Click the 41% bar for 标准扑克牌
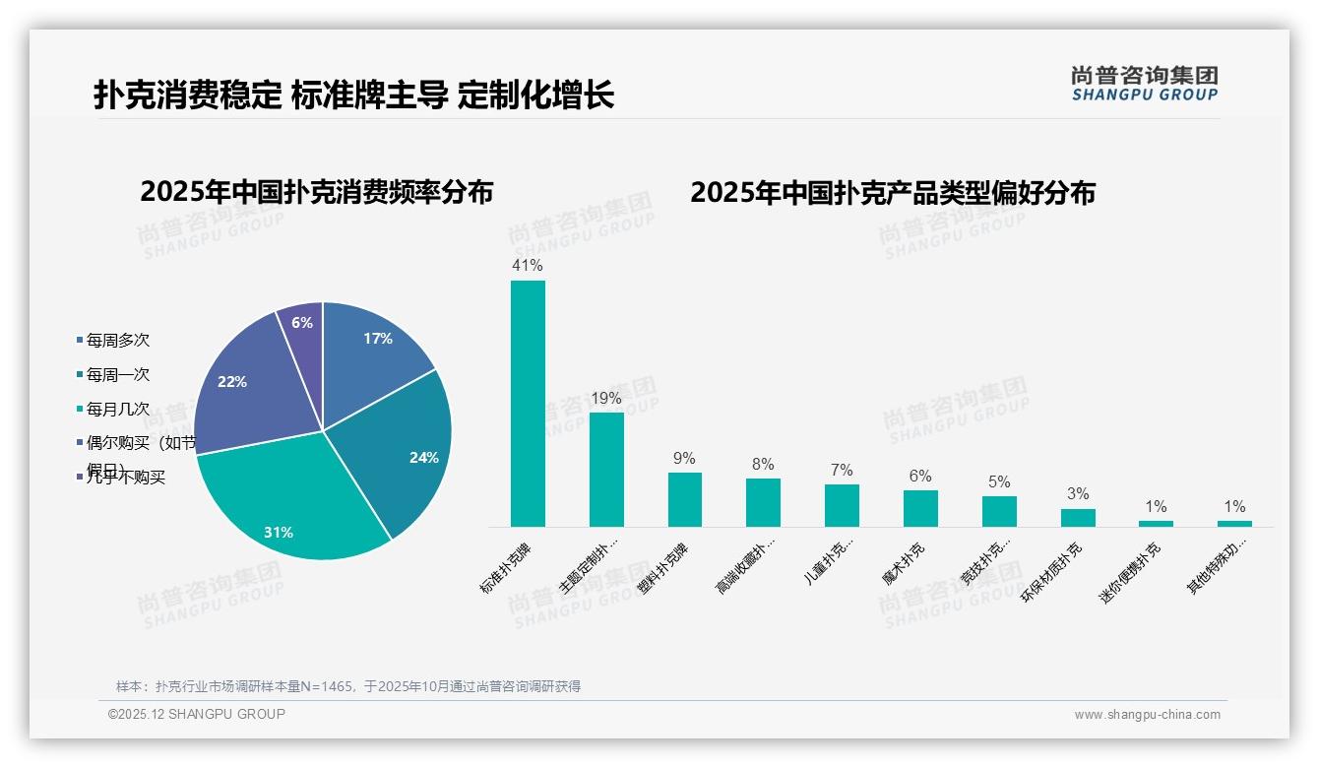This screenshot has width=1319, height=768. pos(528,404)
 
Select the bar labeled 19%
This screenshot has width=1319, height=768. pos(606,470)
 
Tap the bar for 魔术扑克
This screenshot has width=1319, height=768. pos(920,508)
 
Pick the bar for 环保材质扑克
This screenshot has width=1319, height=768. pos(1078,517)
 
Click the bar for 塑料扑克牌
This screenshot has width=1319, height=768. pos(685,499)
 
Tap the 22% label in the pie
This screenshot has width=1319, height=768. pos(232,382)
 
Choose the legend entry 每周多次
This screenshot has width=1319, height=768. pos(117,341)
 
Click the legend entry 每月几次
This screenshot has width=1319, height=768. pos(117,409)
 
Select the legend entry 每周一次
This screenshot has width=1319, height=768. pos(117,375)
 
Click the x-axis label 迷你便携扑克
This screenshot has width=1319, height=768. pos(1131,572)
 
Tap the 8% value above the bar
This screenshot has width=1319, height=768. pos(763,465)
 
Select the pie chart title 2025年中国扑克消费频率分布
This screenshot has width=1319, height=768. pos(316,192)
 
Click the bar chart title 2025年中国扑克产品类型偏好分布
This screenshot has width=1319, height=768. pos(892,193)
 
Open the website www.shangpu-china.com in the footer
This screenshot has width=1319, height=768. pos(1147,715)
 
